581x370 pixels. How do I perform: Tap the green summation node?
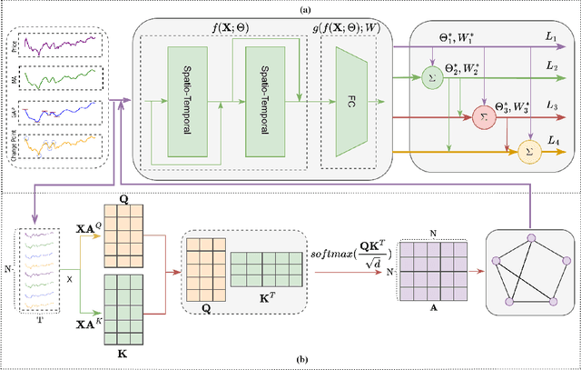[x=431, y=73]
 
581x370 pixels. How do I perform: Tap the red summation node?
[x=481, y=116]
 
